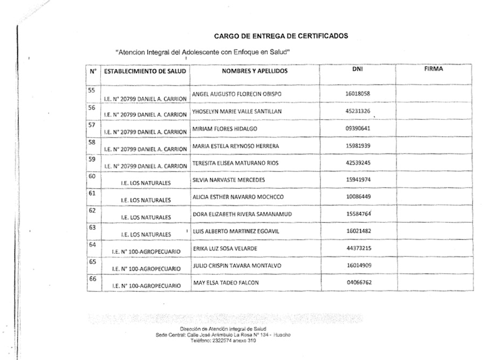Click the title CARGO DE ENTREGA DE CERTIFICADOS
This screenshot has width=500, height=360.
click(281, 36)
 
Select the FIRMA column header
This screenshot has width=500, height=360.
click(433, 69)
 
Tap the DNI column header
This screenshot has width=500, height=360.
click(357, 69)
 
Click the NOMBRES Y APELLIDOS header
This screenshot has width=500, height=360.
click(255, 71)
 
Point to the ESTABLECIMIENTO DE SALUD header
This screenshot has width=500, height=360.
click(145, 71)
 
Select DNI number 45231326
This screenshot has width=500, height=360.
click(357, 111)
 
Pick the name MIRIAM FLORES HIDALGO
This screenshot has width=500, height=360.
click(225, 129)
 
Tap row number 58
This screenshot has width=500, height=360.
click(91, 142)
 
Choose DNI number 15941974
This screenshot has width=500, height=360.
click(358, 179)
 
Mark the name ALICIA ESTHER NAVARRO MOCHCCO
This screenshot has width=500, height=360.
click(238, 197)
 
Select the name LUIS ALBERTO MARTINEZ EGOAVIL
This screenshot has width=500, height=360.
click(236, 231)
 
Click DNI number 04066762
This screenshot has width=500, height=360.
click(358, 282)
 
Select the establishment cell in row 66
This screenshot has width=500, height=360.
click(146, 285)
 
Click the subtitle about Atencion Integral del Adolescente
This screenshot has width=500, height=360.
click(203, 52)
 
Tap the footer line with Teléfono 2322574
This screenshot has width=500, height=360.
click(222, 340)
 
